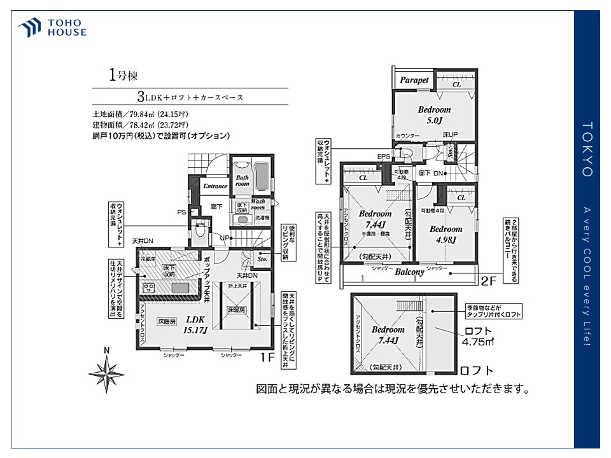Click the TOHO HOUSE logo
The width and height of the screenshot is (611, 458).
52,27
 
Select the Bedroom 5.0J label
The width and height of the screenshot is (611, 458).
434,114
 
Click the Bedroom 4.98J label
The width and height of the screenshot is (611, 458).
446,234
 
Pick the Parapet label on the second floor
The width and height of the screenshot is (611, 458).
414,81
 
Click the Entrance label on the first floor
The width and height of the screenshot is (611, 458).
214,186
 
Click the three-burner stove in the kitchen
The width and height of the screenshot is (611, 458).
150,288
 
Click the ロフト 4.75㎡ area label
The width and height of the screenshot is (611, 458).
479,336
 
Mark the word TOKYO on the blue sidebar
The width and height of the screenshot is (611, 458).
587,149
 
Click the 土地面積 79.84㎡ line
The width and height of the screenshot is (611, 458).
140,114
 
